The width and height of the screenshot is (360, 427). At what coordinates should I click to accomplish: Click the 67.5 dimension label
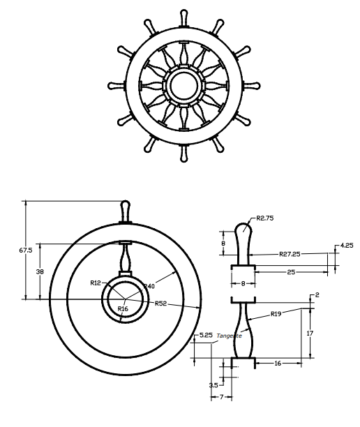(26, 250)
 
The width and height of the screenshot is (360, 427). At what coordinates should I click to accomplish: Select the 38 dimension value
(40, 271)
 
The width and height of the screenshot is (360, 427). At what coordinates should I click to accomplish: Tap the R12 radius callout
(96, 283)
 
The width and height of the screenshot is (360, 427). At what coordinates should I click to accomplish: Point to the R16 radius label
(123, 308)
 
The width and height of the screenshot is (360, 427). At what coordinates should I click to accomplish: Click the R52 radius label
(160, 304)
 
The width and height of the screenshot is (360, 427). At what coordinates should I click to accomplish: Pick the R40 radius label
(149, 286)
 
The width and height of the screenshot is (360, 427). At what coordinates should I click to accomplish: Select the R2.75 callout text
(265, 218)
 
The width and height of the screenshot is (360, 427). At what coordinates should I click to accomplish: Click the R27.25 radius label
(290, 254)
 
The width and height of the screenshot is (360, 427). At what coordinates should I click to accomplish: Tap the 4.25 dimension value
(347, 246)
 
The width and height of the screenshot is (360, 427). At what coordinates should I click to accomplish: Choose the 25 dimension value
(291, 272)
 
